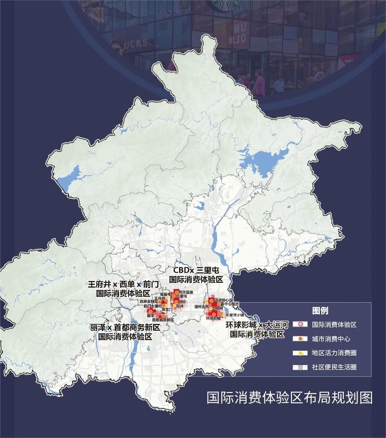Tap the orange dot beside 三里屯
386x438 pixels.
(174, 296)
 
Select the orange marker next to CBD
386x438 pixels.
(176, 302)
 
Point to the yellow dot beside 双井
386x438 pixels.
(174, 306)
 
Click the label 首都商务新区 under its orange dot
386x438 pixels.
(163, 320)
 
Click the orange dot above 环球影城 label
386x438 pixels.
(214, 314)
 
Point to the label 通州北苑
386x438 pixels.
(201, 306)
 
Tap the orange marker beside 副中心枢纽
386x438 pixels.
(219, 304)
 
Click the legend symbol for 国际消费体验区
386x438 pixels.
(301, 324)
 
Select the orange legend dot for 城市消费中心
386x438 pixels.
(301, 338)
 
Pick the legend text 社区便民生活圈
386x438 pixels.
(334, 367)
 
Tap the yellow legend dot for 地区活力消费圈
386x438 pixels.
(301, 353)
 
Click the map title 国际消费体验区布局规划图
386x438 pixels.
(289, 397)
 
